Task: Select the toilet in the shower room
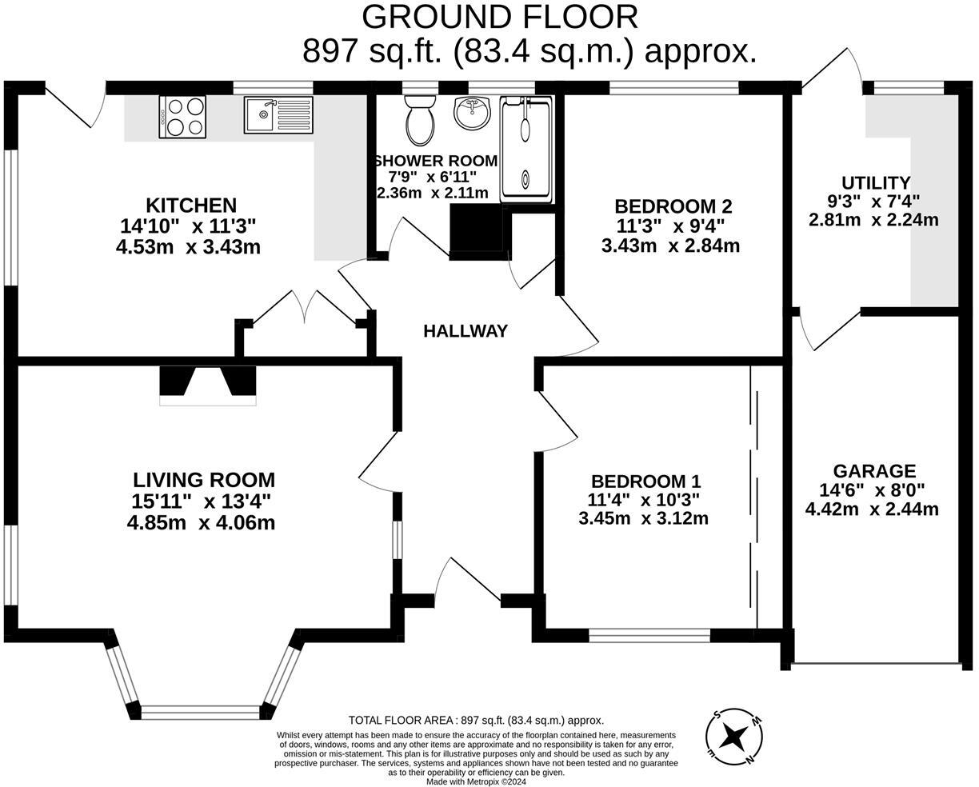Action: [419, 119]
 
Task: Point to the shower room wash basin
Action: [474, 114]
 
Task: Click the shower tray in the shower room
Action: [526, 150]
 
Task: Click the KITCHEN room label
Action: [190, 206]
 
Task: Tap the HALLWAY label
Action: [465, 331]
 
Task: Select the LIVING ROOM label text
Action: [203, 480]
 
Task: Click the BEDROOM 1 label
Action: [645, 481]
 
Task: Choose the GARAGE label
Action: [873, 471]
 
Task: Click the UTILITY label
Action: [875, 183]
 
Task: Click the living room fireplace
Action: [208, 385]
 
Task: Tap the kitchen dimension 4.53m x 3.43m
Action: [188, 247]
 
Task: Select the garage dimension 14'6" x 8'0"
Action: [872, 490]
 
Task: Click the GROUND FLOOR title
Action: [500, 17]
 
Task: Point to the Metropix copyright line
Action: [476, 781]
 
